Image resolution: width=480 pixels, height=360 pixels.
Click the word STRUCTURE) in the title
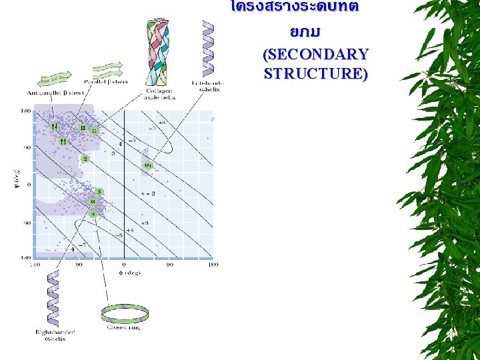(315, 73)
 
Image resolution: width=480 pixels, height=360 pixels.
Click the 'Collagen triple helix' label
(160, 94)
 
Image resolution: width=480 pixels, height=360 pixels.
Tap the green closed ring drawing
(124, 311)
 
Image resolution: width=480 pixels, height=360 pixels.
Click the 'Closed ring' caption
(123, 327)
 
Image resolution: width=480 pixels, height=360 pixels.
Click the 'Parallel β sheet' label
(111, 83)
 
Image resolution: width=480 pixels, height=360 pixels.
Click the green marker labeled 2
(85, 159)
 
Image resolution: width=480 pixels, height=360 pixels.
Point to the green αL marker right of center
(148, 164)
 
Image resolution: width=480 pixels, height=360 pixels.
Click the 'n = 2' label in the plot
(148, 192)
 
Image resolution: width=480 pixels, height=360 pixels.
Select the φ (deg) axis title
(125, 273)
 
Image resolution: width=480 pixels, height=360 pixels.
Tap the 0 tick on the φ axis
(125, 265)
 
